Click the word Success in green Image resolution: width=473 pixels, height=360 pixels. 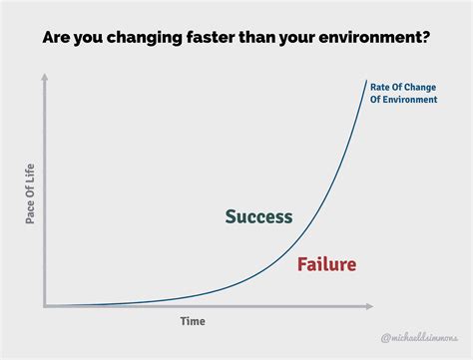coord(258,216)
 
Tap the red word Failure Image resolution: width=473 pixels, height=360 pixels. coord(326,264)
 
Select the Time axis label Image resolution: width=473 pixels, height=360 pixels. coord(193,321)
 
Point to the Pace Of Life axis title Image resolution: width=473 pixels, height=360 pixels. coord(30,192)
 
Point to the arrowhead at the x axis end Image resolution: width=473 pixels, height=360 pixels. coord(370,306)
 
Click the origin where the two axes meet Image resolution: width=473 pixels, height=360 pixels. coord(45,306)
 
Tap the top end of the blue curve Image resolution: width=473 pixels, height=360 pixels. coord(367,80)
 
